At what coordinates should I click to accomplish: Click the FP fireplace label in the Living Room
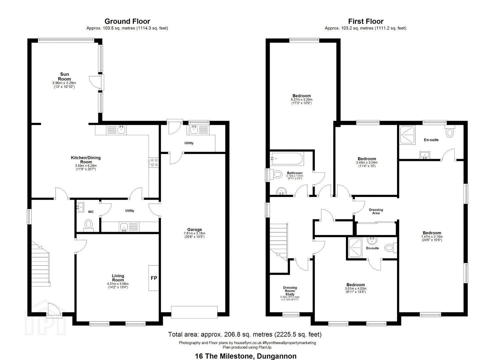[154, 278]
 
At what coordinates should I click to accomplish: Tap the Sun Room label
[65, 76]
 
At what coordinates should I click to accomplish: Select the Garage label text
[194, 229]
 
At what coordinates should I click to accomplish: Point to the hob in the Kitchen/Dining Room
[154, 162]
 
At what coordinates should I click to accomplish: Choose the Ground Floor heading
[127, 21]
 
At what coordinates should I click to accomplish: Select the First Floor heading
[366, 21]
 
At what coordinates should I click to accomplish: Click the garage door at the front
[194, 312]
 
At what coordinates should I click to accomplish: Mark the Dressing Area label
[376, 211]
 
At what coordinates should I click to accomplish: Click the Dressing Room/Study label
[290, 291]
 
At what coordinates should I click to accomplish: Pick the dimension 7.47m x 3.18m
[432, 236]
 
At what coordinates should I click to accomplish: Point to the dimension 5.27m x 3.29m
[301, 99]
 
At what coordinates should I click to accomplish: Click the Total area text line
[245, 334]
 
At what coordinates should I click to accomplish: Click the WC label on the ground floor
[91, 212]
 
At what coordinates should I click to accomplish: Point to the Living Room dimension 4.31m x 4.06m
[118, 284]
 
